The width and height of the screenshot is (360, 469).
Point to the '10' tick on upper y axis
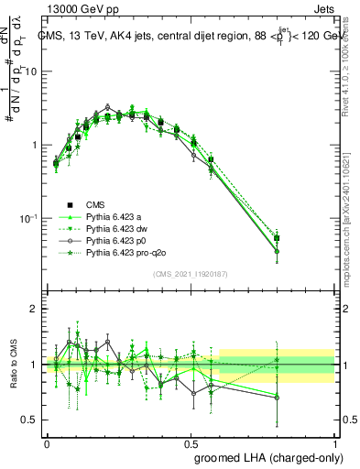(x=32, y=71)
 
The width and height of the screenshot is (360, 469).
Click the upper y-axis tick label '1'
(x=35, y=145)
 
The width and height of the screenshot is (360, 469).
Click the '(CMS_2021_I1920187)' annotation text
(x=190, y=274)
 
